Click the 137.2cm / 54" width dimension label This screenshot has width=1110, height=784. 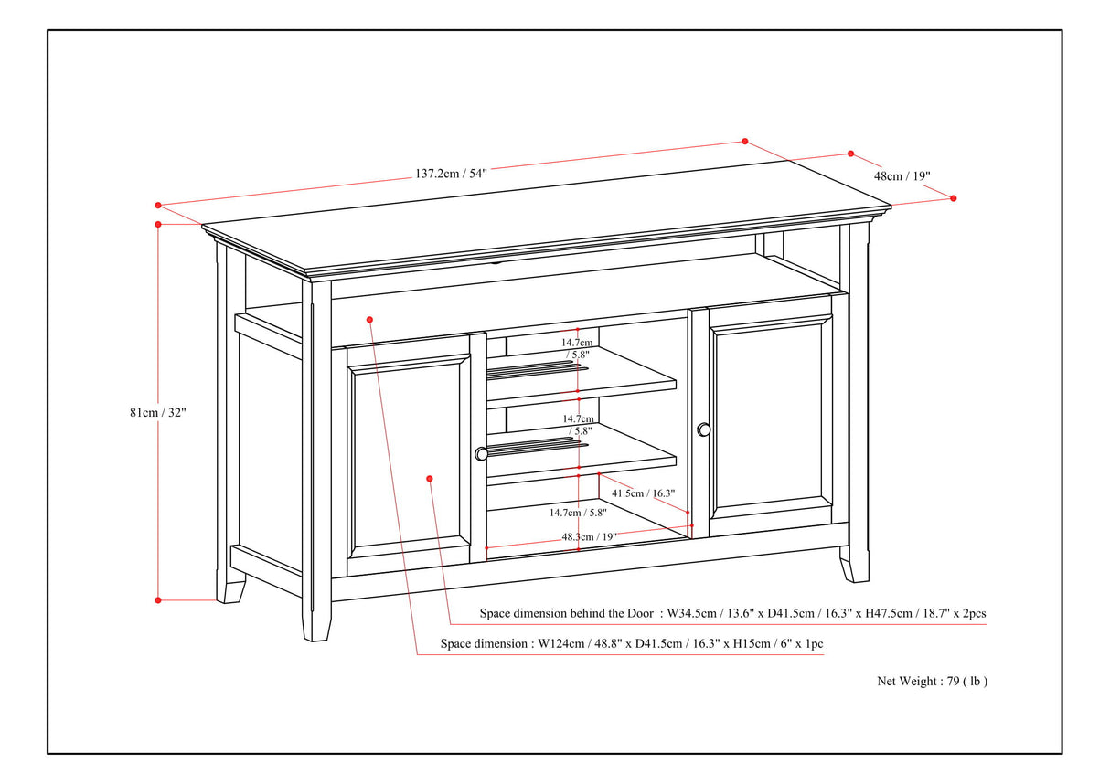[452, 173]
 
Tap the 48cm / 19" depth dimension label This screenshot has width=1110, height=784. [902, 175]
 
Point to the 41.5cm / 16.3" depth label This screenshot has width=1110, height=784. [643, 493]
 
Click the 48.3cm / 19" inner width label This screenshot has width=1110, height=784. [589, 537]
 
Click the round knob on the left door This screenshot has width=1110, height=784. [481, 453]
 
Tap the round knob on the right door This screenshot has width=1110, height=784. [703, 429]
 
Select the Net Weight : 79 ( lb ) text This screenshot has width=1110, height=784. [932, 681]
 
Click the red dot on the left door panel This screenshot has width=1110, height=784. [430, 478]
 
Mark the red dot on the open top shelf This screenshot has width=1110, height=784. [369, 319]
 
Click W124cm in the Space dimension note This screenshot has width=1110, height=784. [560, 644]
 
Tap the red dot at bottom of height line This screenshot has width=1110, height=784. [158, 600]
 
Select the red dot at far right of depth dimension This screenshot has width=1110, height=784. [953, 198]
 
